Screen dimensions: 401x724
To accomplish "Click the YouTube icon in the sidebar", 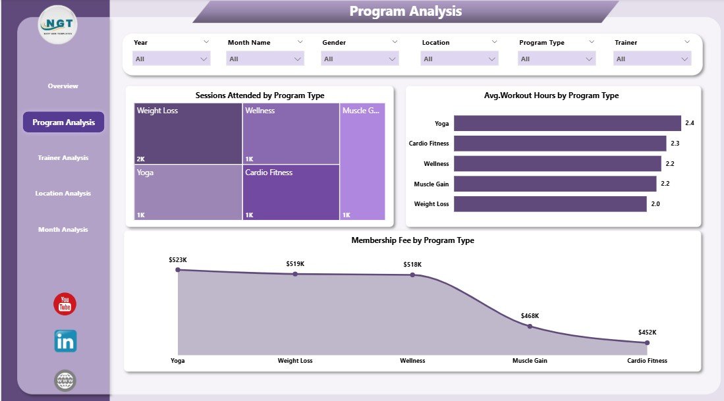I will [65, 304].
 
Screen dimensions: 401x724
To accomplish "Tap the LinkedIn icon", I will [65, 341].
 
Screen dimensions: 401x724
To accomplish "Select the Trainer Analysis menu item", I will [63, 158].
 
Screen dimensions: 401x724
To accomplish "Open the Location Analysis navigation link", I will [63, 194].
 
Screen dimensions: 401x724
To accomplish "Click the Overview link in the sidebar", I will [63, 86].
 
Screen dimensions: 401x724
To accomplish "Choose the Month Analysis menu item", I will [63, 230].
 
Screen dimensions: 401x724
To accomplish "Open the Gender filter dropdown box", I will [360, 59].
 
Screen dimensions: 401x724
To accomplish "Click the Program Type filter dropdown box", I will [557, 59].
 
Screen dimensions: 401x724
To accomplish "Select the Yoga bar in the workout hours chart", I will [567, 123].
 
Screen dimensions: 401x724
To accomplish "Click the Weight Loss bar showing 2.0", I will [550, 204].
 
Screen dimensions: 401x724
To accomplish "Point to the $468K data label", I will [529, 316].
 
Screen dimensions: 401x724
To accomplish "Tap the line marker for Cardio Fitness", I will [647, 342].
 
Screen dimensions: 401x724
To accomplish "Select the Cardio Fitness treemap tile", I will [291, 192].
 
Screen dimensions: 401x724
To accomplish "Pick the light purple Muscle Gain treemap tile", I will [362, 161].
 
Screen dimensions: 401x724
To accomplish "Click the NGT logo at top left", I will [59, 25].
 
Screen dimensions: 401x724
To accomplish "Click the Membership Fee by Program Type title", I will [412, 240].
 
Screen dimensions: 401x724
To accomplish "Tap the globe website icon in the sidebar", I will [65, 380].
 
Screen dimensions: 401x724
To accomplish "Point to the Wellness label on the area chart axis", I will [412, 361].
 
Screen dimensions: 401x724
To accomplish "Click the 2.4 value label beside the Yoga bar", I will [690, 123].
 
